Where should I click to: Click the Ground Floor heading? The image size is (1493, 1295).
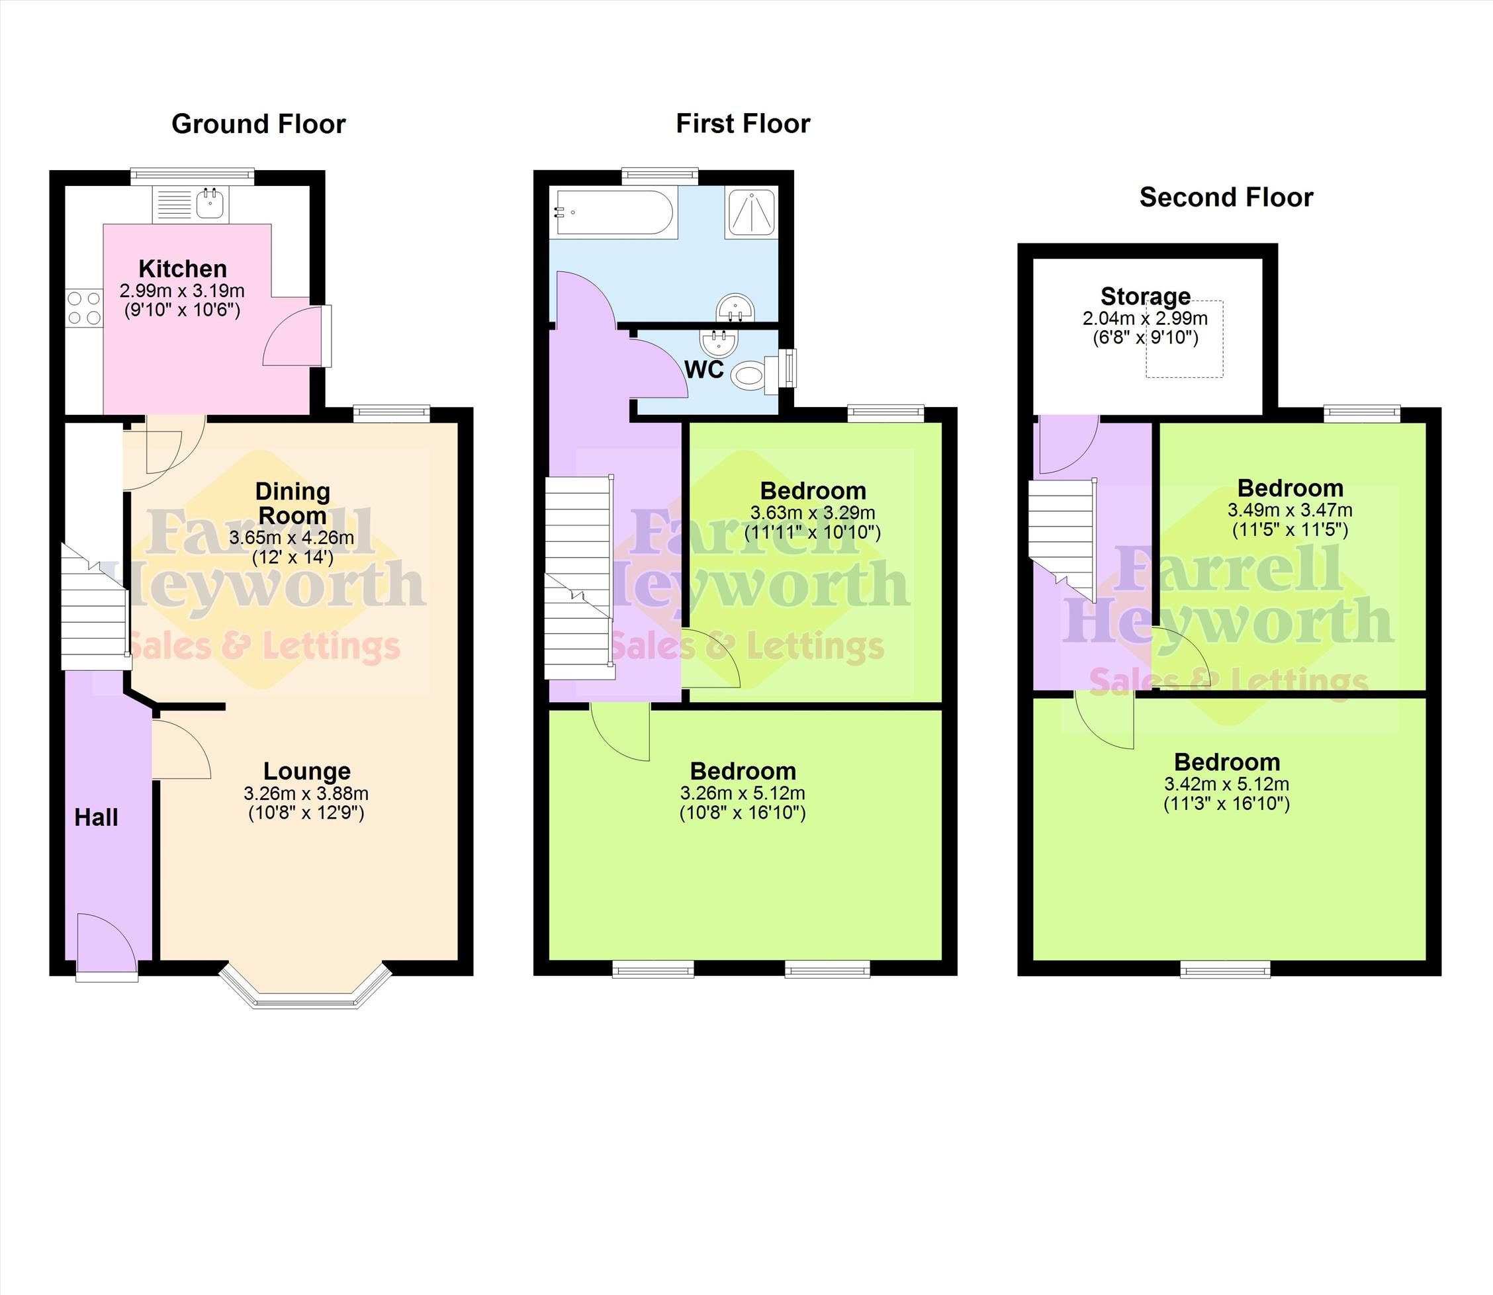(x=258, y=124)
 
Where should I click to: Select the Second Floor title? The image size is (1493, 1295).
(x=1226, y=197)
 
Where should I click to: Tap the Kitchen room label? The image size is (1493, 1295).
(x=183, y=269)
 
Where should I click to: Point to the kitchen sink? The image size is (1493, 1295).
(x=210, y=204)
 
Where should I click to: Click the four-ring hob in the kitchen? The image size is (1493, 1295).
(x=84, y=308)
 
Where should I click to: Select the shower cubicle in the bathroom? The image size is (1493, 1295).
(x=752, y=212)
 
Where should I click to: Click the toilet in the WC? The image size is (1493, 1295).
(x=755, y=376)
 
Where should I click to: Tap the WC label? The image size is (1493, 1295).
(x=704, y=369)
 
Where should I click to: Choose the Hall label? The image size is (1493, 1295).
(x=96, y=817)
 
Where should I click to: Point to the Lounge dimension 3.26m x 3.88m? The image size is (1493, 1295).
(x=306, y=793)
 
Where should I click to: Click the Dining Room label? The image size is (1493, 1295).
(x=293, y=504)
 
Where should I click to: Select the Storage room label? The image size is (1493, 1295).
(x=1146, y=296)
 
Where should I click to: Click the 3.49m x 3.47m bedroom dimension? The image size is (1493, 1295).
(x=1290, y=510)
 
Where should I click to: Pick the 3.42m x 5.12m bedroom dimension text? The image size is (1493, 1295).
(x=1226, y=784)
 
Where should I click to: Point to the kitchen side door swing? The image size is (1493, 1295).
(x=291, y=336)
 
